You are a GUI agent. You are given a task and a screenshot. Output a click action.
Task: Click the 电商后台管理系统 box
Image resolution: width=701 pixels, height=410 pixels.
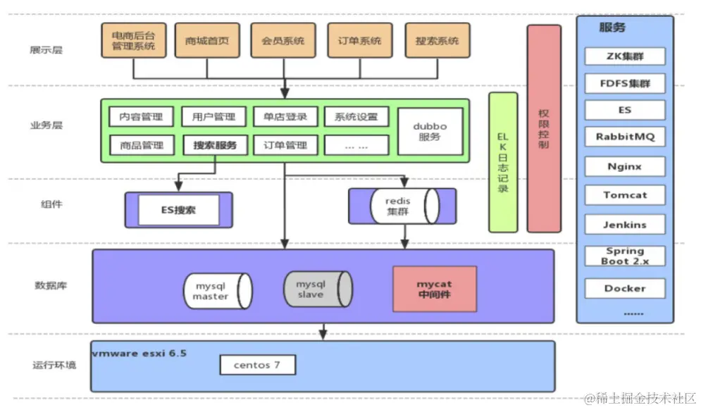(134, 41)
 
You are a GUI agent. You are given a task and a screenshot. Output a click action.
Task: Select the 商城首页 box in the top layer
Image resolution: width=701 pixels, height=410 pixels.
(207, 41)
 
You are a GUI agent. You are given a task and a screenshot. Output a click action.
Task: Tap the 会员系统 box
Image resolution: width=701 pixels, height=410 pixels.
(283, 41)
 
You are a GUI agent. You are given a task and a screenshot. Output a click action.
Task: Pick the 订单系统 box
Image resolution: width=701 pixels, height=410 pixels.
(360, 41)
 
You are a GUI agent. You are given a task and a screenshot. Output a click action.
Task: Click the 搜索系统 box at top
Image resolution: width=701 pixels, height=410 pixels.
(437, 41)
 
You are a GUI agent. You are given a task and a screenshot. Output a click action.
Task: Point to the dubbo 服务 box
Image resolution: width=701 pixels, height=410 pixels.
(430, 132)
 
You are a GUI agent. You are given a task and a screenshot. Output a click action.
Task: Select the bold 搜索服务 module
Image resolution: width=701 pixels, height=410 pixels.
(215, 146)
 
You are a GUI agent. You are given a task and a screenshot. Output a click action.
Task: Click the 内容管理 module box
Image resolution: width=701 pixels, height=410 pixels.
(141, 117)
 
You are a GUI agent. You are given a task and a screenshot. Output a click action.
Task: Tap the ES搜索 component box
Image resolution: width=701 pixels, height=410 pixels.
(177, 209)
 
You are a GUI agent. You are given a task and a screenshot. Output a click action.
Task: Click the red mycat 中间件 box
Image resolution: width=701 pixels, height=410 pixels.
(434, 290)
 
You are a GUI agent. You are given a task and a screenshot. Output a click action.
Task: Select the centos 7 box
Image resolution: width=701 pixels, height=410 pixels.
(256, 365)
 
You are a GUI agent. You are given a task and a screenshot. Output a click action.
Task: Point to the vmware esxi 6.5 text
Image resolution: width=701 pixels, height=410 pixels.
(139, 353)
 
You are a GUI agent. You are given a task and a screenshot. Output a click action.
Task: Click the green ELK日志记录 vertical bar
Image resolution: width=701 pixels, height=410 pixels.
(503, 162)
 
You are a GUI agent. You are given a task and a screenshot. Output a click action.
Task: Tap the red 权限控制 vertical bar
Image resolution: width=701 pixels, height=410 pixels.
(544, 128)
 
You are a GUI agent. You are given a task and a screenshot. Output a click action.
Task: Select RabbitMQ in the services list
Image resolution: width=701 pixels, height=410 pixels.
(624, 137)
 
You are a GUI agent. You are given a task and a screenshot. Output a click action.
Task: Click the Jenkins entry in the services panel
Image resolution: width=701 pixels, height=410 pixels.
(624, 225)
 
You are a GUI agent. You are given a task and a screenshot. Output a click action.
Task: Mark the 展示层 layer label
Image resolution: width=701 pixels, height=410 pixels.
(46, 50)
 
